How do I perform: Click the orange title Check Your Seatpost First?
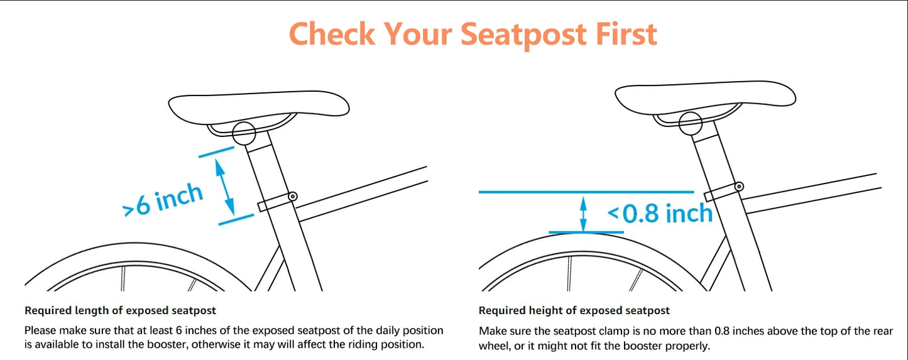[473, 34]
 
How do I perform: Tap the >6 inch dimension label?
[163, 200]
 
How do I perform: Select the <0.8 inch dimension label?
[660, 214]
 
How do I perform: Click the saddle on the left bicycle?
[259, 108]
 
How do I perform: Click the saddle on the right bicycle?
[705, 99]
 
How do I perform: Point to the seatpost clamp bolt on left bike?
[292, 197]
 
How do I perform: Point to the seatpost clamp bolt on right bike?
[739, 187]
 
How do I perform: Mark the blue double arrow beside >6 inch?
[225, 187]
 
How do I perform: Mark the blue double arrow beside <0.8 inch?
[583, 214]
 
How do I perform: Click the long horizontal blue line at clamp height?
[586, 192]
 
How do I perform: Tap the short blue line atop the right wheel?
[586, 232]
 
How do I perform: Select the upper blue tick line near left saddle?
[216, 151]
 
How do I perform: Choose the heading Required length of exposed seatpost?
[121, 310]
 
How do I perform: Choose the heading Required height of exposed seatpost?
[574, 310]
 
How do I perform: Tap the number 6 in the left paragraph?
[178, 330]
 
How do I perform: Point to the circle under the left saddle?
[244, 133]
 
